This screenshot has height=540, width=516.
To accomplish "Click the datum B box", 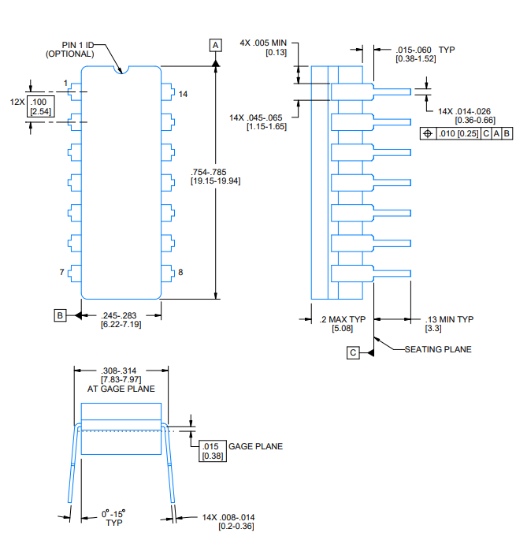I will tap(60, 315).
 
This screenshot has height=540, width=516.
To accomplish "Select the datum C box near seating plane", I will tap(353, 352).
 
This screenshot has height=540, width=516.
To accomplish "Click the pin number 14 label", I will tap(183, 94).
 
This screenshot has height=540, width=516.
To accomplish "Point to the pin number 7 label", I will tap(61, 273).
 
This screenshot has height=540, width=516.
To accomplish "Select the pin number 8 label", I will tap(180, 273).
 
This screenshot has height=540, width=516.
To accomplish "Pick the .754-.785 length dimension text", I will tap(214, 177).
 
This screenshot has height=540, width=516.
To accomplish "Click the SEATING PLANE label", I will tap(438, 349).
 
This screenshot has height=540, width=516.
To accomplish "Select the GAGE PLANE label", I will tap(255, 446).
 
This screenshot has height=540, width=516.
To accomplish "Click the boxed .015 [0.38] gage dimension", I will tap(211, 451).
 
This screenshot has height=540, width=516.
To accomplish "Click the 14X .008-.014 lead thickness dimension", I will tap(228, 521).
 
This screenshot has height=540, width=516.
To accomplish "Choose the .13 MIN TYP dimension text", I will tap(449, 323).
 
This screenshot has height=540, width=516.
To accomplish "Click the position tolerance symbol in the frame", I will tap(428, 133).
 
